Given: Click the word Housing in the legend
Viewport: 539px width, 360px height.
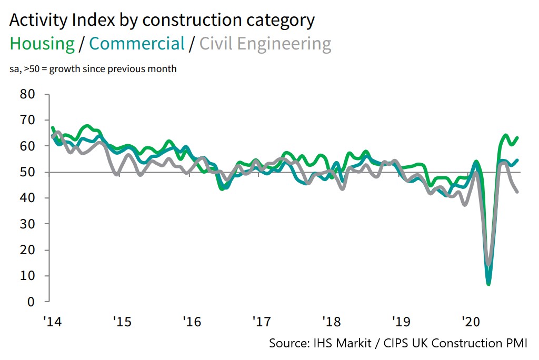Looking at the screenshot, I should (42, 44).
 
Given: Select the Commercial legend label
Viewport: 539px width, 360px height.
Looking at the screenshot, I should (137, 44).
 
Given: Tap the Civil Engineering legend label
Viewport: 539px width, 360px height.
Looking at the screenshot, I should (265, 44).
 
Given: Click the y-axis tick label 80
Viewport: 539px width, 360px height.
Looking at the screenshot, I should (27, 94).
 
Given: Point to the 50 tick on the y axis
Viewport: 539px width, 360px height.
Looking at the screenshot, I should (27, 172).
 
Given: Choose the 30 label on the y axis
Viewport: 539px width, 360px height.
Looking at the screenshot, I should (27, 224).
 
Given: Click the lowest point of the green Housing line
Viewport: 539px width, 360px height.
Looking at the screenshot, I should (488, 285).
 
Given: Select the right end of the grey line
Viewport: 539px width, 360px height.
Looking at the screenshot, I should (517, 192).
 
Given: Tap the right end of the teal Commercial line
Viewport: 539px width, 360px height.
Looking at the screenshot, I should (517, 160).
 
